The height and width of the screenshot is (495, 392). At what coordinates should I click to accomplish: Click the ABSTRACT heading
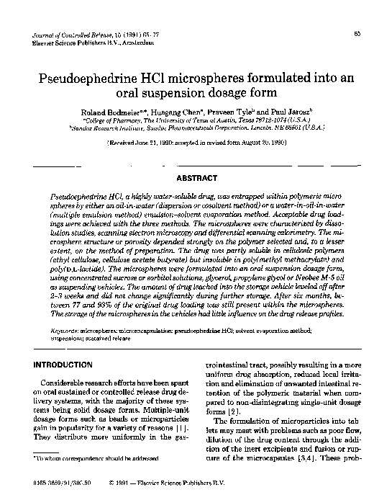[x=196, y=177]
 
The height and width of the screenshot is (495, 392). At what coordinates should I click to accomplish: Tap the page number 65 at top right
[x=357, y=34]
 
